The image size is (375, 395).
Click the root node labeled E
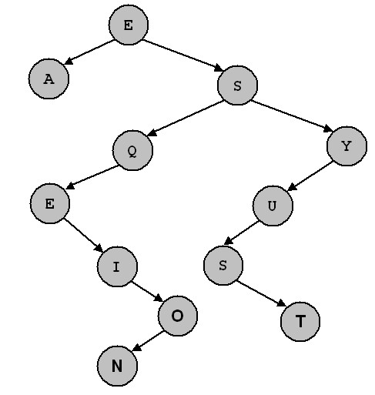[x=129, y=25]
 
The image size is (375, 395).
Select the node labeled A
[x=49, y=79]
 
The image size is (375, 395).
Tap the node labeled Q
[x=132, y=150]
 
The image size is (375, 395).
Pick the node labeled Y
[x=347, y=146]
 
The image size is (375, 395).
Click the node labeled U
[x=273, y=206]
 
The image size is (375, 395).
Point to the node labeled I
[x=117, y=266]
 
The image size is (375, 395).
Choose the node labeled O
[x=178, y=316]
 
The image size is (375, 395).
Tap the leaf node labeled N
[x=117, y=366]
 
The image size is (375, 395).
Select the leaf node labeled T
[x=300, y=322]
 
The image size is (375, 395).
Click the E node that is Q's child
[x=50, y=203]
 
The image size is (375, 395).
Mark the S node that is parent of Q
[x=237, y=85]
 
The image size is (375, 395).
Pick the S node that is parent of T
[x=223, y=266]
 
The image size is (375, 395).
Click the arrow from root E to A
[x=90, y=52]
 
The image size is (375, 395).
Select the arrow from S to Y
[x=292, y=116]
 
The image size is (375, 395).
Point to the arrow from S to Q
[x=186, y=118]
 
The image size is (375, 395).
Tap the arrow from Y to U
[x=310, y=176]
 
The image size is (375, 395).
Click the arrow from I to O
[x=147, y=292]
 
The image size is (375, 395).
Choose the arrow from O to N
[x=148, y=341]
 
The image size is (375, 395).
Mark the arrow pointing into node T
[x=261, y=293]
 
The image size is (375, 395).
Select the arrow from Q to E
[x=92, y=177]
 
